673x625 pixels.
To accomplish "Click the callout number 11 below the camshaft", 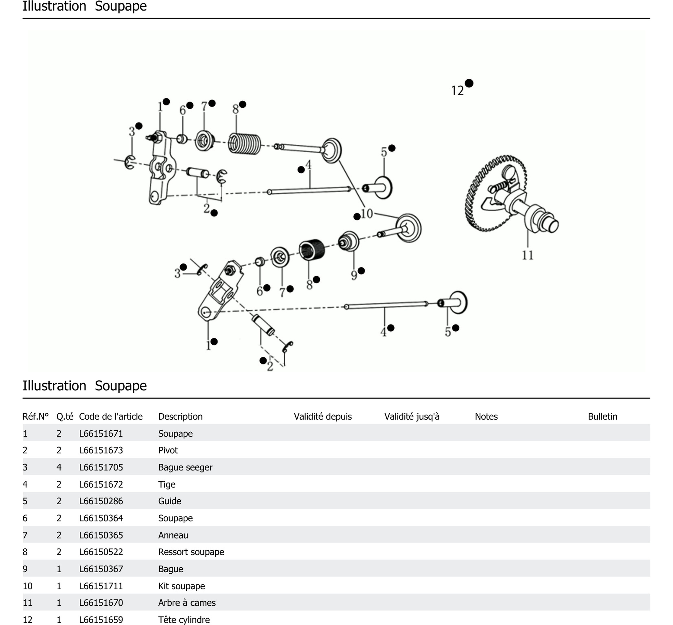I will click(527, 255).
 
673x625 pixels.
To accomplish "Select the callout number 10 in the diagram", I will click(367, 214).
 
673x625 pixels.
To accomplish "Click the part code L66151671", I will click(101, 434).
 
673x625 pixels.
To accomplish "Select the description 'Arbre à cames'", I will click(187, 603).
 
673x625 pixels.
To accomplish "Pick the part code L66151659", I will click(101, 620).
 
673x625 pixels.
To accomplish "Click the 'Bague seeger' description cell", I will click(185, 467).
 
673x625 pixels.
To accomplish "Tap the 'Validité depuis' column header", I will click(323, 416).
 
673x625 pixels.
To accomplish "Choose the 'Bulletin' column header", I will click(602, 416).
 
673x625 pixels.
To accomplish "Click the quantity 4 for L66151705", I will click(59, 467).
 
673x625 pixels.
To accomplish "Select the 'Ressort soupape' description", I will click(191, 552).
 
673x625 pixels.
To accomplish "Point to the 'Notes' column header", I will click(486, 416).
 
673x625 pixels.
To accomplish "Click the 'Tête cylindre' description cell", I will click(184, 620).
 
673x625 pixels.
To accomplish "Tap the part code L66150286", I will click(101, 501).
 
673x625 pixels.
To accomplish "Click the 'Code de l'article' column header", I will click(111, 416).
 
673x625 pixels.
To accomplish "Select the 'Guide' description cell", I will click(170, 501).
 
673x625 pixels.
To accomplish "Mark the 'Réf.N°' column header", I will click(36, 416).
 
